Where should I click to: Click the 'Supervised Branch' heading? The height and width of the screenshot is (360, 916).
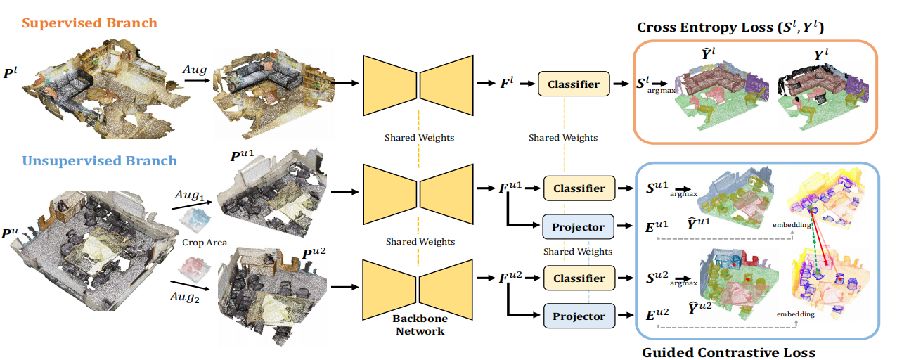click(x=89, y=23)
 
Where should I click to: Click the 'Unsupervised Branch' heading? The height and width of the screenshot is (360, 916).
click(x=99, y=160)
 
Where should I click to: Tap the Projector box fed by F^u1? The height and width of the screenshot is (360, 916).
click(x=579, y=226)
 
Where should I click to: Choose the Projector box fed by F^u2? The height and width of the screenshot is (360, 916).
click(x=579, y=316)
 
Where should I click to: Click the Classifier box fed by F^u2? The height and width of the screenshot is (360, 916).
click(x=579, y=278)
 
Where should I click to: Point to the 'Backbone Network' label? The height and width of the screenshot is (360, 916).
click(x=418, y=324)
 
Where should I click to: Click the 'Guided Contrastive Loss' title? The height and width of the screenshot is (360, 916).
click(x=728, y=352)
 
